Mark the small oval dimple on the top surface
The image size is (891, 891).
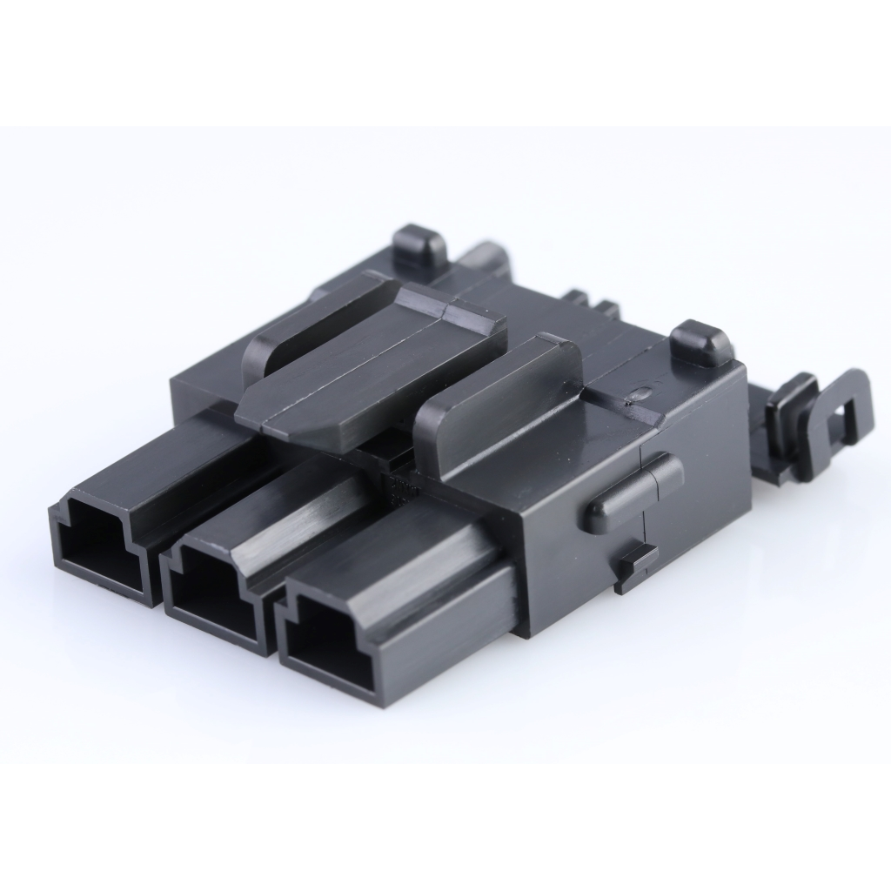[640, 394]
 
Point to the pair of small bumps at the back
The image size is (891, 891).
[592, 305]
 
